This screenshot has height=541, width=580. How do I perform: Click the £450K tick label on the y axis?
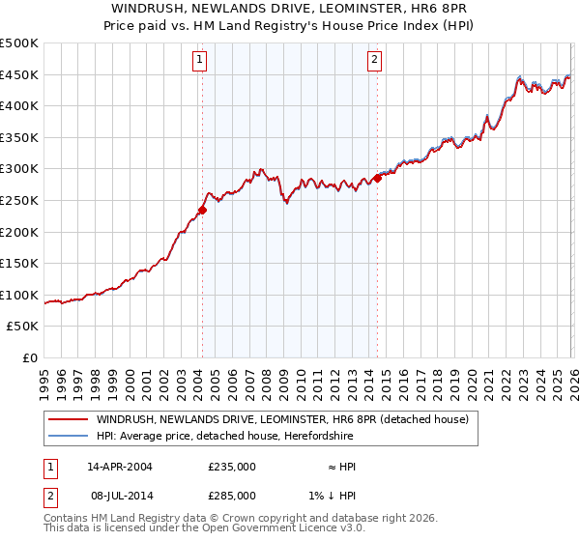19,75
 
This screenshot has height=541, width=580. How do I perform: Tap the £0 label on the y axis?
29,358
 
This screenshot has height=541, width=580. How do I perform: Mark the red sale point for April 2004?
202,209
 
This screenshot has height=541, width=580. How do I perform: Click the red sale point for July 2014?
377,178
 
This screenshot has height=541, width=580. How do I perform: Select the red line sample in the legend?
68,419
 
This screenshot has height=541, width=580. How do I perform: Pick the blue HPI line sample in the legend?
68,436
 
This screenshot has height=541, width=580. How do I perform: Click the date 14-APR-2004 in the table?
120,466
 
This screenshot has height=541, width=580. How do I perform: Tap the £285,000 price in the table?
232,495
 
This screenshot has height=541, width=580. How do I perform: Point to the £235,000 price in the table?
232,466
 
